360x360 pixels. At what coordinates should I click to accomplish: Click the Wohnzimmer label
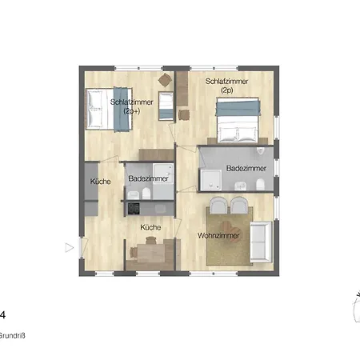(218, 236)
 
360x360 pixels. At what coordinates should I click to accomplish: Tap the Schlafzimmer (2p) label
(226, 86)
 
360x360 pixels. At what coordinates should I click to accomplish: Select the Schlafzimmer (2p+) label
(132, 106)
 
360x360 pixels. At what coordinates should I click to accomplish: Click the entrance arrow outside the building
(70, 248)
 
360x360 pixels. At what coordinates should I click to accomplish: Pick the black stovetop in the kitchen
(134, 209)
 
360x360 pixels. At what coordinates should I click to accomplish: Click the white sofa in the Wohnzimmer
(261, 242)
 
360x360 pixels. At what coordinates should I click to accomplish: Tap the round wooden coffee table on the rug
(231, 231)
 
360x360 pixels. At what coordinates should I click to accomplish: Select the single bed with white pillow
(166, 106)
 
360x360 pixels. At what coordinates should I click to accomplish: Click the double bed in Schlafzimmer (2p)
(238, 120)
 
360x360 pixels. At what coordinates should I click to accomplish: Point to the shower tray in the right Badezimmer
(211, 180)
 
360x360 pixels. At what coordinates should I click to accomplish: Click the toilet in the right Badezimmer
(260, 184)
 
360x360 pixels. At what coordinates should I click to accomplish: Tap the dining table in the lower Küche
(151, 253)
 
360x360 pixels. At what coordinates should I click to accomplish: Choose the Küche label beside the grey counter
(100, 182)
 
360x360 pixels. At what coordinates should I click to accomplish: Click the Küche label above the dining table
(150, 227)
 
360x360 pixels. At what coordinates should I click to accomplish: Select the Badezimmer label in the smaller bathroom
(148, 178)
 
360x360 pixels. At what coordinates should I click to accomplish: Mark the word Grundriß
(12, 336)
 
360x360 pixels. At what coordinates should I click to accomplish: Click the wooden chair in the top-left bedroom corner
(165, 80)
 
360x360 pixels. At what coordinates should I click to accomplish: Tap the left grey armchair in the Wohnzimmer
(218, 206)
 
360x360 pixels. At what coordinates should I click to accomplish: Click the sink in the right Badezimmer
(241, 186)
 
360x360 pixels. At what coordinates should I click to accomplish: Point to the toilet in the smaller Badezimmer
(146, 194)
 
